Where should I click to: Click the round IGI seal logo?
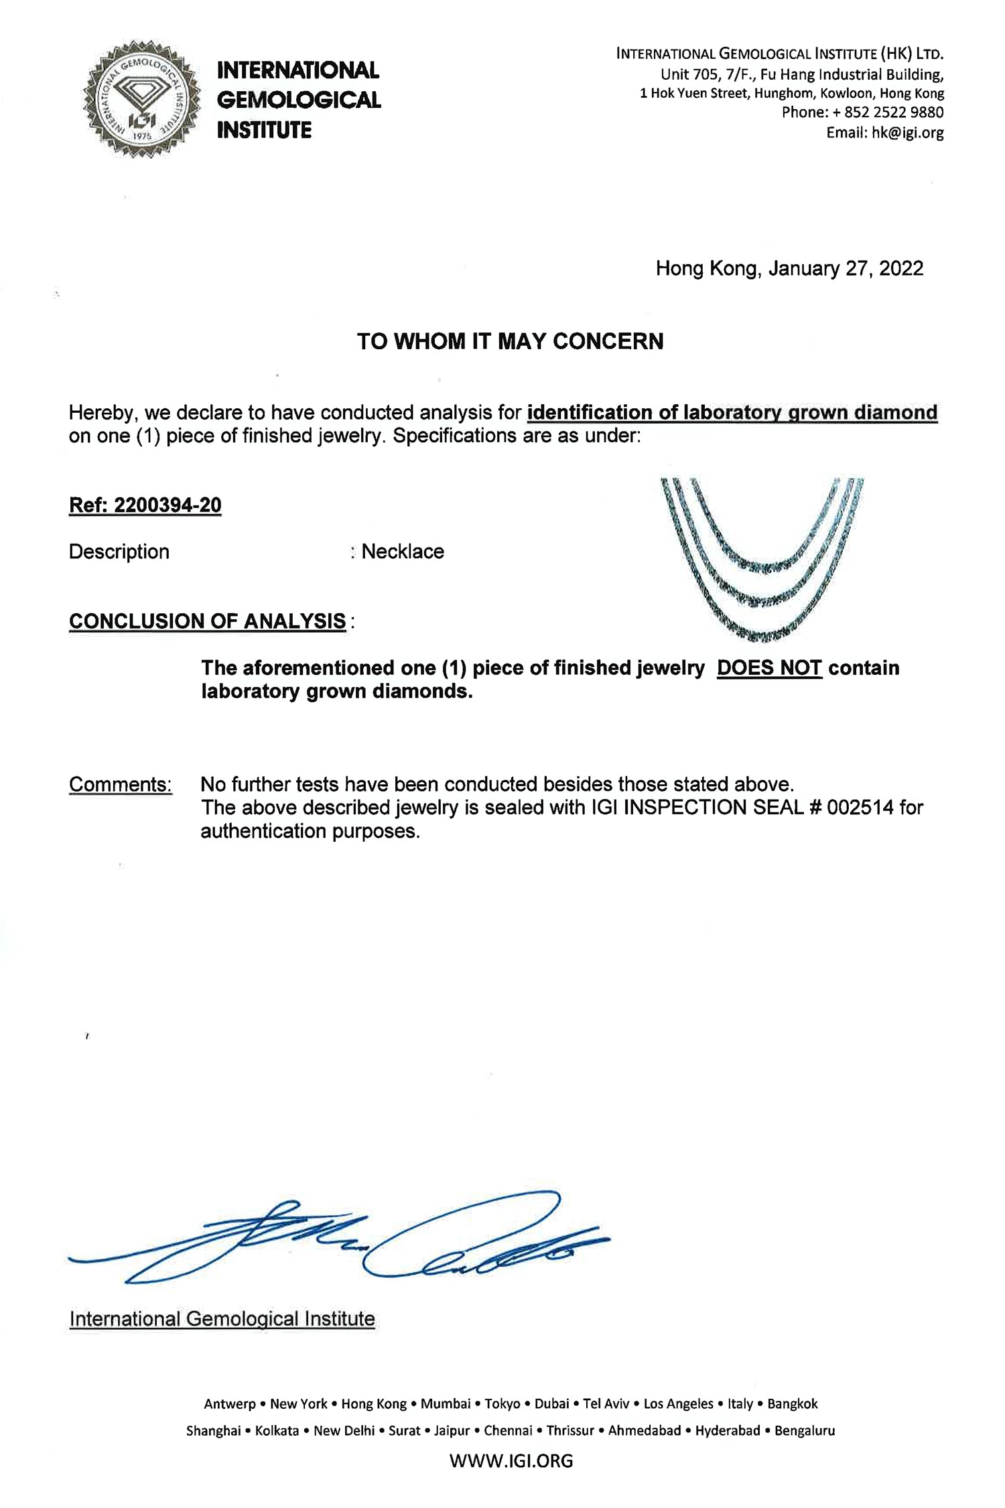tap(141, 99)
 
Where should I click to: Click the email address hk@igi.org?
tap(907, 133)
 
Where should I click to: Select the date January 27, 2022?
tap(846, 269)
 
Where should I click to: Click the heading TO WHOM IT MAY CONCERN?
tap(510, 341)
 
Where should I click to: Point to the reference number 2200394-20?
tap(167, 505)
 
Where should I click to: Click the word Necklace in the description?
tap(403, 552)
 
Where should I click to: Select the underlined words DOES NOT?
tap(769, 668)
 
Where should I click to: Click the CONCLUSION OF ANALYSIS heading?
tap(208, 621)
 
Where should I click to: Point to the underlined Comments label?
tap(121, 784)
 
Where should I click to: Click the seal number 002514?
tap(860, 807)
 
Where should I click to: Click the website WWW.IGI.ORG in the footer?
tap(511, 1460)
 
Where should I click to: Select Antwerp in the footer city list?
tap(229, 1403)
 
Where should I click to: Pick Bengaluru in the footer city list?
tap(804, 1430)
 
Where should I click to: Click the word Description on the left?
tap(119, 552)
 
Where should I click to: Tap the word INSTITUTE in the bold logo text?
tap(264, 130)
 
